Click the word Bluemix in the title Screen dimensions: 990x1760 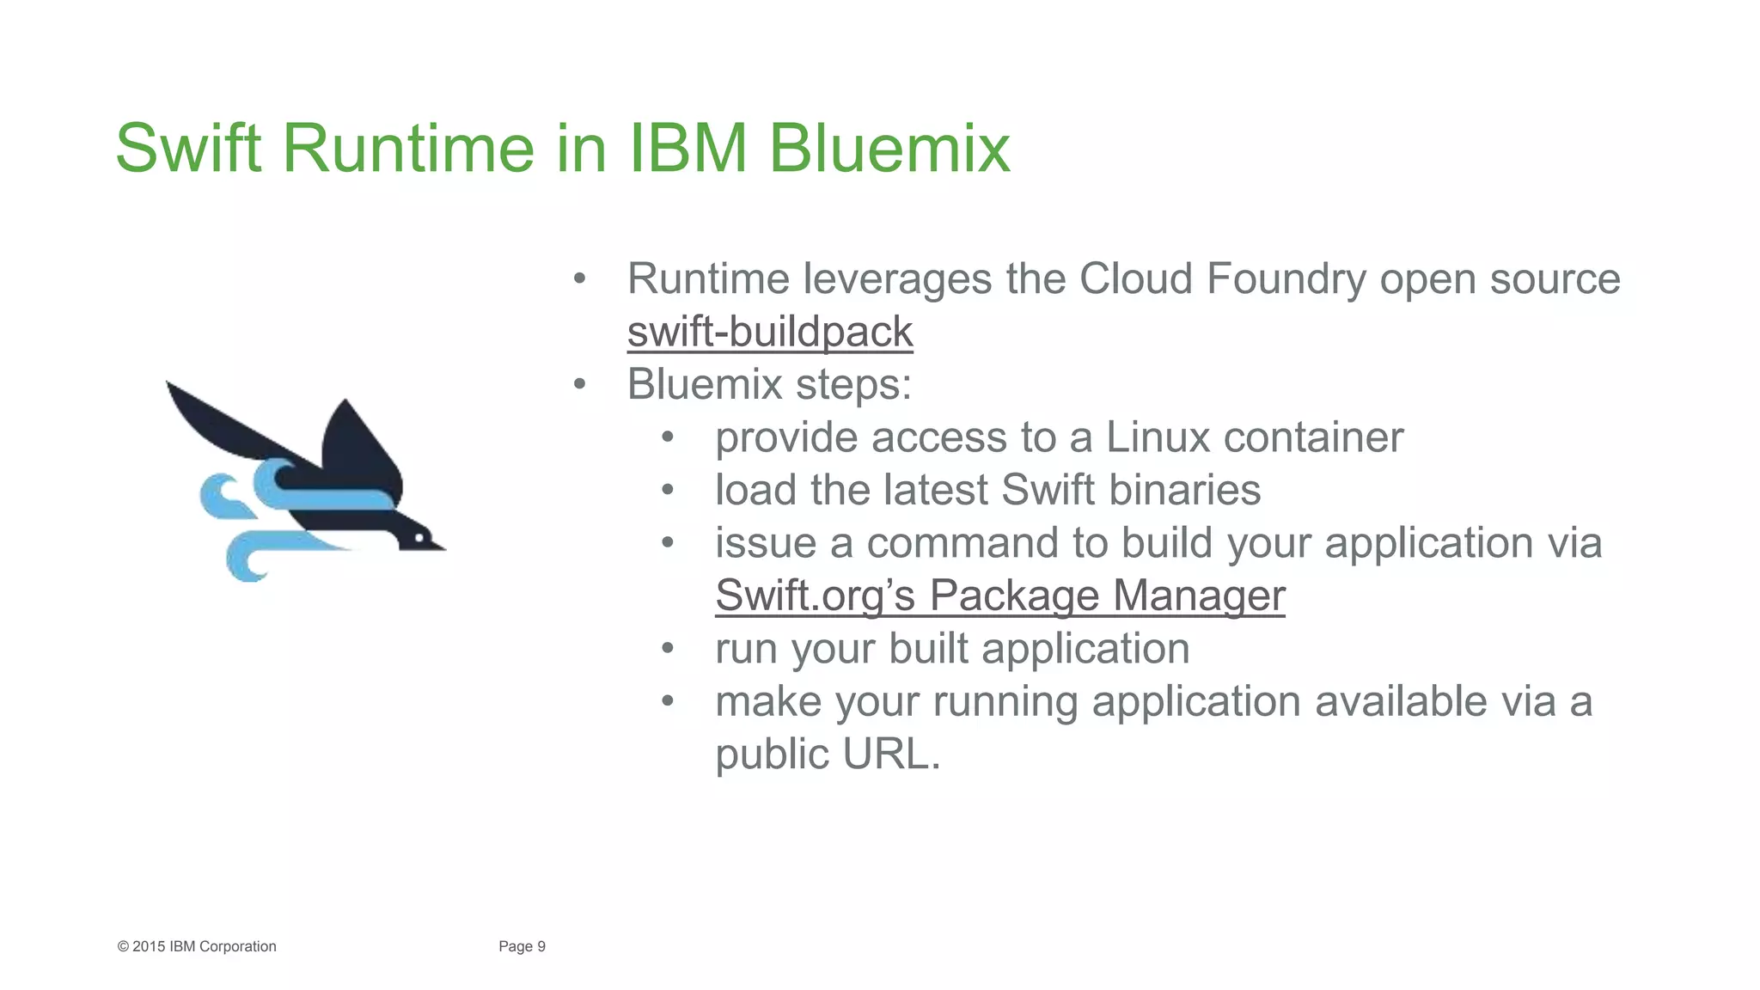[x=889, y=148]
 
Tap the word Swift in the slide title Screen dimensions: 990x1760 [x=188, y=148]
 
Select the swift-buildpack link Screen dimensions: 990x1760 [x=770, y=333]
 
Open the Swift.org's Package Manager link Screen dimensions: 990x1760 [x=999, y=596]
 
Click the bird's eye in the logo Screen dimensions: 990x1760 [x=419, y=538]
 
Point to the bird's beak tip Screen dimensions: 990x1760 [x=443, y=547]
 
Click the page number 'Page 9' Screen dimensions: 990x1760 [x=522, y=946]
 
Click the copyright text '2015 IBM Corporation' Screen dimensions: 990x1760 [x=204, y=946]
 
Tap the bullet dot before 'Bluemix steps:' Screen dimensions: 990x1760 [x=580, y=384]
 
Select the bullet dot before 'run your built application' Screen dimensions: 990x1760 [x=668, y=649]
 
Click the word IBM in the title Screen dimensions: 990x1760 [x=688, y=148]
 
